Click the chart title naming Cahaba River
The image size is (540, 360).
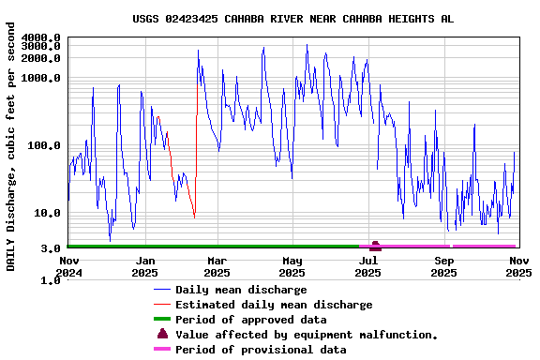click(x=292, y=18)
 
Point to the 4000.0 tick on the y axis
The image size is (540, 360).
click(x=41, y=37)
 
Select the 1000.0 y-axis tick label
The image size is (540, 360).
click(x=41, y=78)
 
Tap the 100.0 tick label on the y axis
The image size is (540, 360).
click(x=45, y=145)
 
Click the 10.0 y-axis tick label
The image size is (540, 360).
click(x=48, y=213)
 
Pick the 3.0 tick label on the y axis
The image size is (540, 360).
click(x=52, y=248)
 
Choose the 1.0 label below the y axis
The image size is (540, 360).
click(x=52, y=280)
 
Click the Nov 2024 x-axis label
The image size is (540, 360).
click(x=69, y=266)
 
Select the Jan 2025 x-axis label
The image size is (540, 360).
click(x=145, y=266)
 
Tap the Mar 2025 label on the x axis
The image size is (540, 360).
click(x=217, y=266)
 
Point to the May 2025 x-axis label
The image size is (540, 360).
click(x=292, y=266)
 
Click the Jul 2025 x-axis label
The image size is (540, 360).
click(x=368, y=266)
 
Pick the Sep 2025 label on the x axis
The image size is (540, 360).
click(x=443, y=266)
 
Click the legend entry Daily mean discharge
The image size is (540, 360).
click(x=241, y=290)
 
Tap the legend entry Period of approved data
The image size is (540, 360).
click(x=250, y=320)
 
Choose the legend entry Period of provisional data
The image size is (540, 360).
click(x=261, y=350)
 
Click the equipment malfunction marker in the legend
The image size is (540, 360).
click(x=163, y=334)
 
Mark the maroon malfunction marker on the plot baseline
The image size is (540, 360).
click(x=375, y=246)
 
